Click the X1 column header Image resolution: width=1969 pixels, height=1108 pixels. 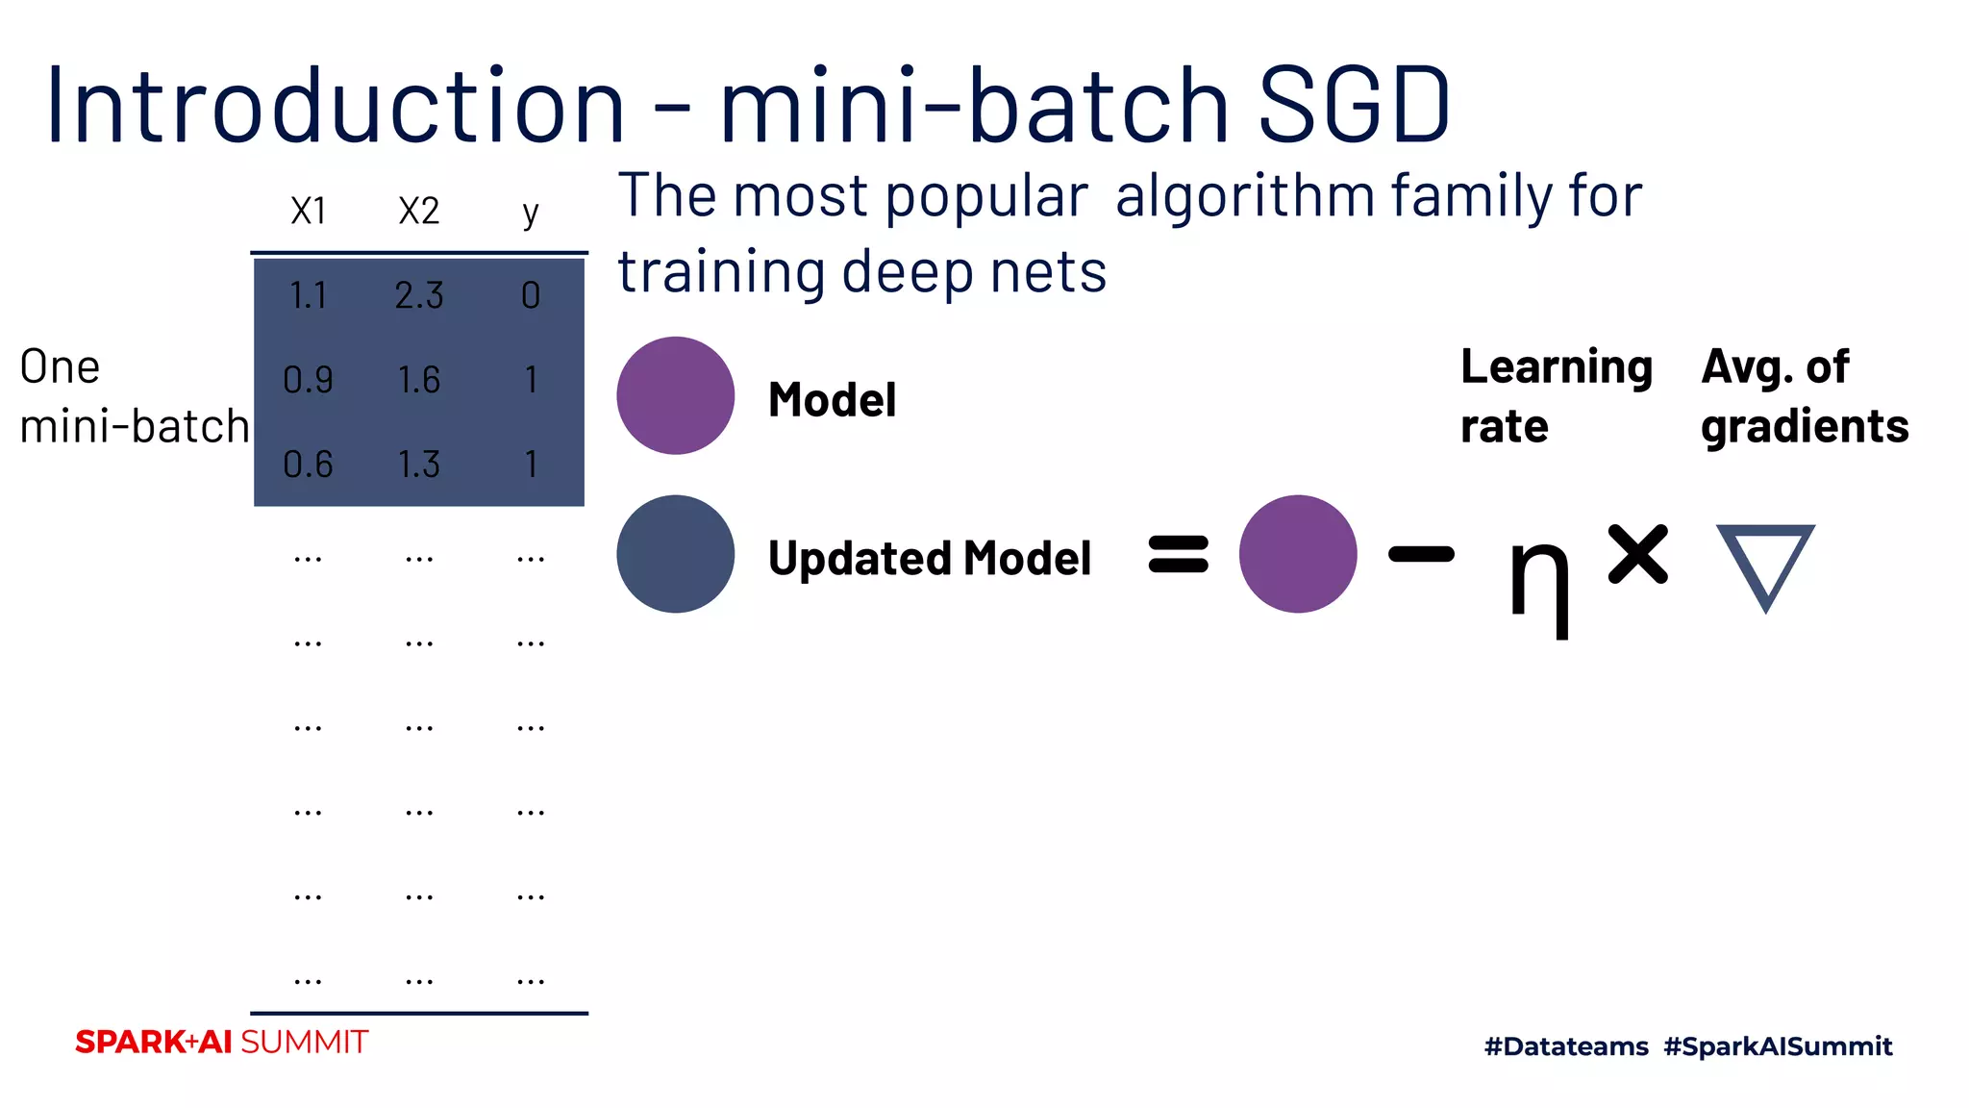pyautogui.click(x=309, y=212)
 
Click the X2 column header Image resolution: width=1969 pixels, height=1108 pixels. pyautogui.click(x=419, y=212)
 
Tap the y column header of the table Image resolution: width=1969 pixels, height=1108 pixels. pyautogui.click(x=531, y=213)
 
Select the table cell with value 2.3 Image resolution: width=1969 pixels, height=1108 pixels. pyautogui.click(x=419, y=295)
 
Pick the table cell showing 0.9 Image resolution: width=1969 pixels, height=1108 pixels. pyautogui.click(x=308, y=381)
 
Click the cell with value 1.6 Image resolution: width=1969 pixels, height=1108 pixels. pyautogui.click(x=419, y=381)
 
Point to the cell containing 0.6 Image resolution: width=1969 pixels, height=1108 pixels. pyautogui.click(x=308, y=466)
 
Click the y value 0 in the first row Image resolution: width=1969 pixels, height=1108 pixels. pyautogui.click(x=531, y=295)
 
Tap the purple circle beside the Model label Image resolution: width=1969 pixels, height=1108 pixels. pyautogui.click(x=675, y=395)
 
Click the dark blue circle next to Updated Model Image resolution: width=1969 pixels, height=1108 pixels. pyautogui.click(x=675, y=554)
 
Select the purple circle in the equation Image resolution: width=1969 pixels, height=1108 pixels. pyautogui.click(x=1297, y=554)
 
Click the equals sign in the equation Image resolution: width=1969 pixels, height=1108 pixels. pyautogui.click(x=1178, y=554)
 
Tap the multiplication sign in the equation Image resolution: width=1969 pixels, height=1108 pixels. pyautogui.click(x=1637, y=554)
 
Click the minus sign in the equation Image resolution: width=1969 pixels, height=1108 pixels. pyautogui.click(x=1421, y=554)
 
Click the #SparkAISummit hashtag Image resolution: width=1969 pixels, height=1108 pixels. pyautogui.click(x=1778, y=1046)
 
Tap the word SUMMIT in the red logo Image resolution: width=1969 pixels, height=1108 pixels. pyautogui.click(x=304, y=1043)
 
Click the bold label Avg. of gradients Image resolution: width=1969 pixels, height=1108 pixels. pyautogui.click(x=1804, y=396)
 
